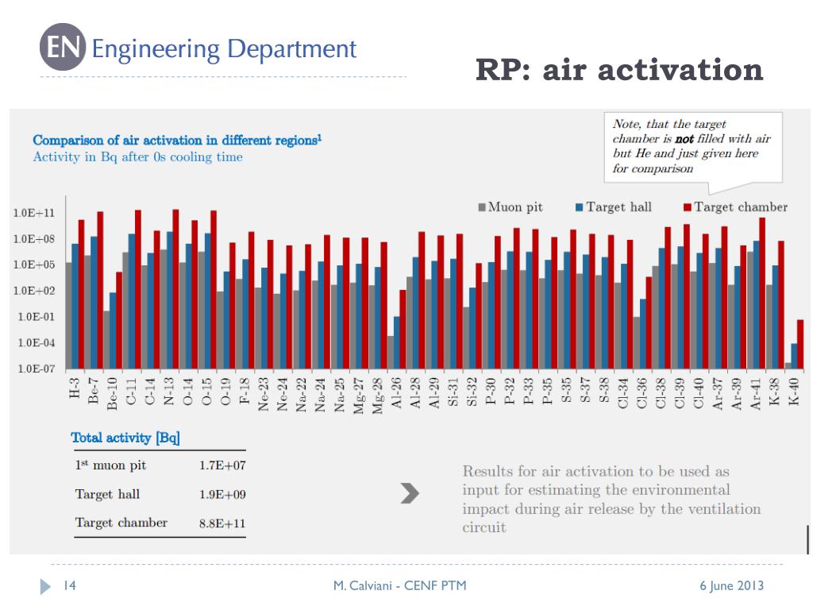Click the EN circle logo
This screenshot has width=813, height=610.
click(x=63, y=47)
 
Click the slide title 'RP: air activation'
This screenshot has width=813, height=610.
click(x=619, y=70)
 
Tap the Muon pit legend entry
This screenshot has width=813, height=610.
click(x=511, y=207)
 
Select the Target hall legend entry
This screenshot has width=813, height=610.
click(x=614, y=207)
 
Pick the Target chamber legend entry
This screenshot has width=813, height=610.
click(x=735, y=207)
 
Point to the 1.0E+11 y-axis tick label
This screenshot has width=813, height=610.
click(x=33, y=213)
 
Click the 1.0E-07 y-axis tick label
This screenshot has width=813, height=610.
click(x=36, y=369)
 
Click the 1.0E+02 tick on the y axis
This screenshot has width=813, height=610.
click(x=33, y=291)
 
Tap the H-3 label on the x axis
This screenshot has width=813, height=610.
click(x=75, y=388)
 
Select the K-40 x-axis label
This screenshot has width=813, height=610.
click(x=793, y=392)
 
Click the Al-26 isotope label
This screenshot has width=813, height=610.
click(x=396, y=392)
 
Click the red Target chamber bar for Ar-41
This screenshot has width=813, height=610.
click(x=762, y=293)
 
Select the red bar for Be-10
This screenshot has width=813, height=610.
click(x=119, y=320)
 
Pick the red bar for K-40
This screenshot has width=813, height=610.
click(x=800, y=344)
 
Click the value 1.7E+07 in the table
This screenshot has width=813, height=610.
click(x=222, y=465)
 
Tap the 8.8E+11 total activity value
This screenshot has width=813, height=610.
click(x=222, y=523)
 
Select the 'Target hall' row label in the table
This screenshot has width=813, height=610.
click(x=107, y=494)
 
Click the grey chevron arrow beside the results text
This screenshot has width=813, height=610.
click(x=410, y=493)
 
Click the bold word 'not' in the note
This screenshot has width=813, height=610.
click(x=684, y=139)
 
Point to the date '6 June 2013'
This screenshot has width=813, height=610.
click(x=731, y=585)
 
